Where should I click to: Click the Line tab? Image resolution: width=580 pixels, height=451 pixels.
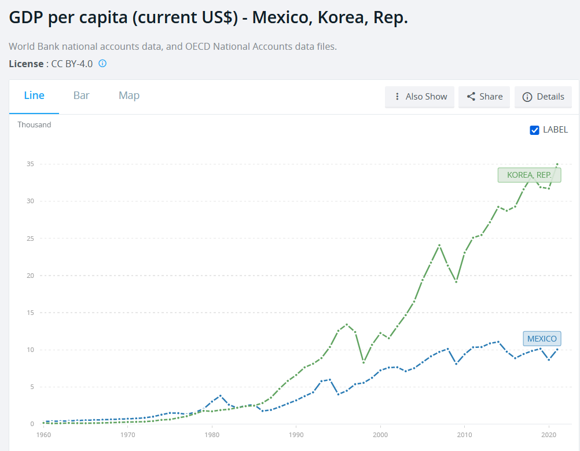click(34, 96)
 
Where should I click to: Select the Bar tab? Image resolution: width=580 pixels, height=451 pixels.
click(82, 96)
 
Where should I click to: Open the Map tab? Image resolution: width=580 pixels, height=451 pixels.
click(129, 96)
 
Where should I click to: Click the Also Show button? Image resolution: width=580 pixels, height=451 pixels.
click(420, 97)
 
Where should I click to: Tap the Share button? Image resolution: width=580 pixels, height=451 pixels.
click(484, 97)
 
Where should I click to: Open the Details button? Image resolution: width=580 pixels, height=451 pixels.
click(543, 97)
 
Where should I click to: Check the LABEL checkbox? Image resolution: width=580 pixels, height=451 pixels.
click(535, 130)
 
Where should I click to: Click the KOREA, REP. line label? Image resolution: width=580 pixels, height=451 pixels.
click(529, 175)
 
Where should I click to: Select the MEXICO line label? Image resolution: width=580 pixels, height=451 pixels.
click(542, 339)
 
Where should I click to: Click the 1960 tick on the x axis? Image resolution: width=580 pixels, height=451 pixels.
click(43, 434)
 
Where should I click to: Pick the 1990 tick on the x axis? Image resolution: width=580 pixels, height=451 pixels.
click(296, 434)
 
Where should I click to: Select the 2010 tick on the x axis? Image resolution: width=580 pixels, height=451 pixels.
click(464, 434)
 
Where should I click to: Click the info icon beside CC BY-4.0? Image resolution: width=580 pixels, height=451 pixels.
click(102, 63)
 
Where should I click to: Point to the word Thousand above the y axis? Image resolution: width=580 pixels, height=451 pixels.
click(34, 124)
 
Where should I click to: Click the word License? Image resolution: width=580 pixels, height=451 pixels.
click(25, 64)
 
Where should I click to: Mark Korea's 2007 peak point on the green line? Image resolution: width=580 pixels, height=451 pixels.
click(439, 245)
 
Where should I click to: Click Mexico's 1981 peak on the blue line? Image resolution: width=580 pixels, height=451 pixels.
click(221, 395)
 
